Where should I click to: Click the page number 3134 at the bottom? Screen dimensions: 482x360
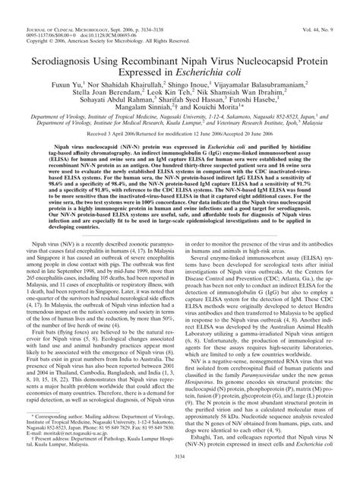[179, 475]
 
